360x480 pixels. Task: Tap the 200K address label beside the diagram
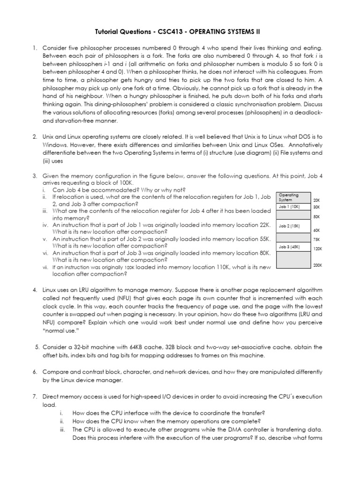(x=318, y=265)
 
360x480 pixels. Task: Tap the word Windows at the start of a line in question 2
(x=56, y=145)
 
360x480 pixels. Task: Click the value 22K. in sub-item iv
(x=265, y=225)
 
